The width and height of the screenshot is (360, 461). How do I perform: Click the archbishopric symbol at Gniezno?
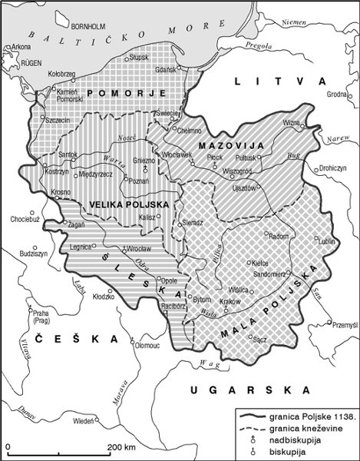(145, 170)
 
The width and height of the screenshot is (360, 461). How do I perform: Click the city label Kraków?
(230, 303)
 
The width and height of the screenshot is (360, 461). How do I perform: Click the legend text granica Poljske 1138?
(312, 413)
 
